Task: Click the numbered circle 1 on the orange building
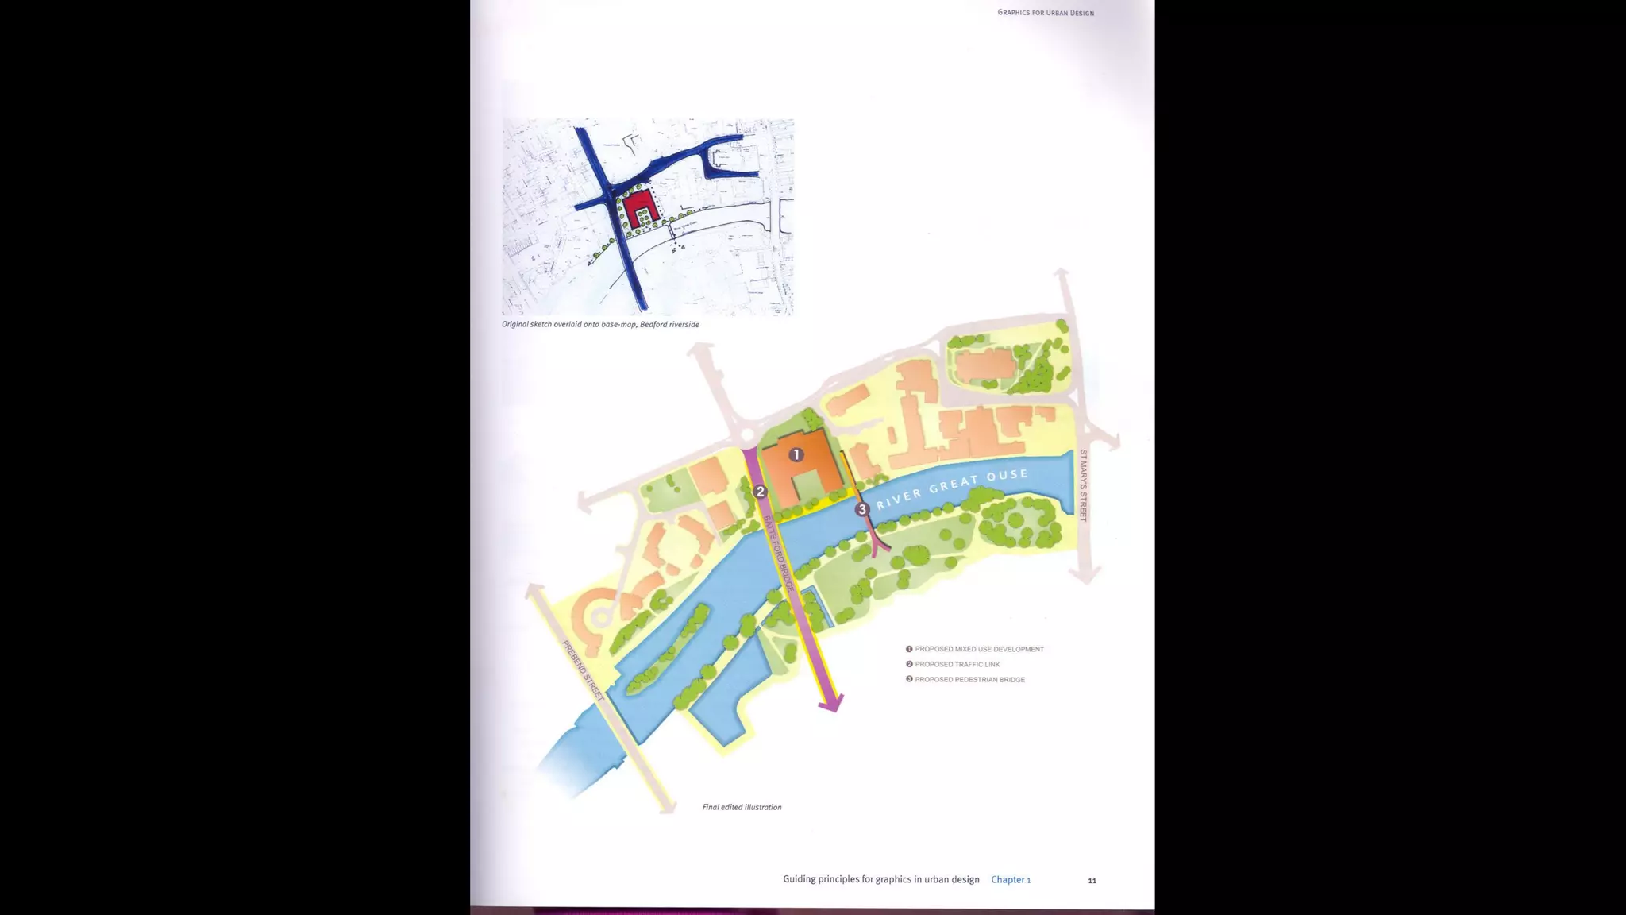point(796,454)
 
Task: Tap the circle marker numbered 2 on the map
point(760,492)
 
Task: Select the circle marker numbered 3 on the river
point(862,509)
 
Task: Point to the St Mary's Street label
point(1083,485)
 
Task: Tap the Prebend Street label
point(583,670)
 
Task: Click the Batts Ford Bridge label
point(778,553)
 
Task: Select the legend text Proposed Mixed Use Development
point(979,649)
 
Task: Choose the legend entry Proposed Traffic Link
point(957,664)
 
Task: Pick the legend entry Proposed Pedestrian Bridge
point(969,680)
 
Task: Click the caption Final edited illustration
point(742,807)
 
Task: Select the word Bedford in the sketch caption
point(654,324)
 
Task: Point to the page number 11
point(1092,880)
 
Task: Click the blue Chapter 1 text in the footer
point(1011,879)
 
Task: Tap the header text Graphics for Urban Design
point(1046,13)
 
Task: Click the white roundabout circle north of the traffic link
point(746,435)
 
